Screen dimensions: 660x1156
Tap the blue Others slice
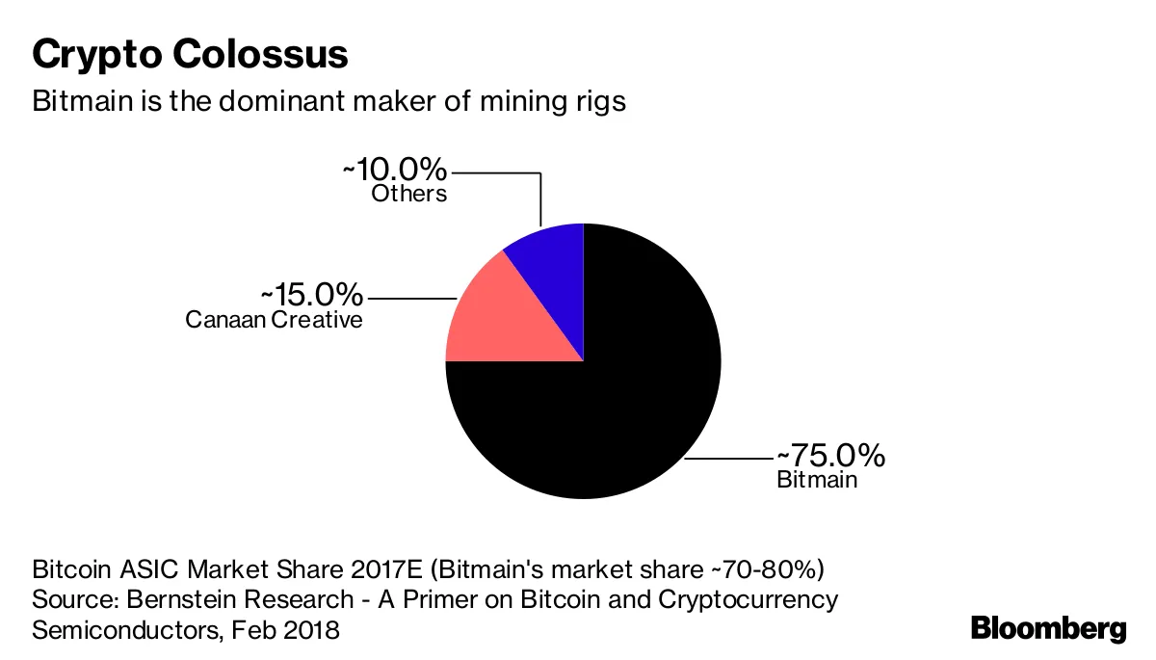pyautogui.click(x=553, y=260)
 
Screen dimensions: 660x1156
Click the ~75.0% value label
pyautogui.click(x=830, y=455)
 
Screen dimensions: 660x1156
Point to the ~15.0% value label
pyautogui.click(x=311, y=294)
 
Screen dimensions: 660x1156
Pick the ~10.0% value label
pyautogui.click(x=394, y=171)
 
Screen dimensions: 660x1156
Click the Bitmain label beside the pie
pyautogui.click(x=816, y=479)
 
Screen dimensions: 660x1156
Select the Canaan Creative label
pyautogui.click(x=275, y=319)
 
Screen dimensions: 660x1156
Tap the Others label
pyautogui.click(x=409, y=194)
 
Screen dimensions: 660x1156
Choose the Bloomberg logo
pyautogui.click(x=1048, y=629)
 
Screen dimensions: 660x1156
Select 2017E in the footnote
pyautogui.click(x=348, y=567)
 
